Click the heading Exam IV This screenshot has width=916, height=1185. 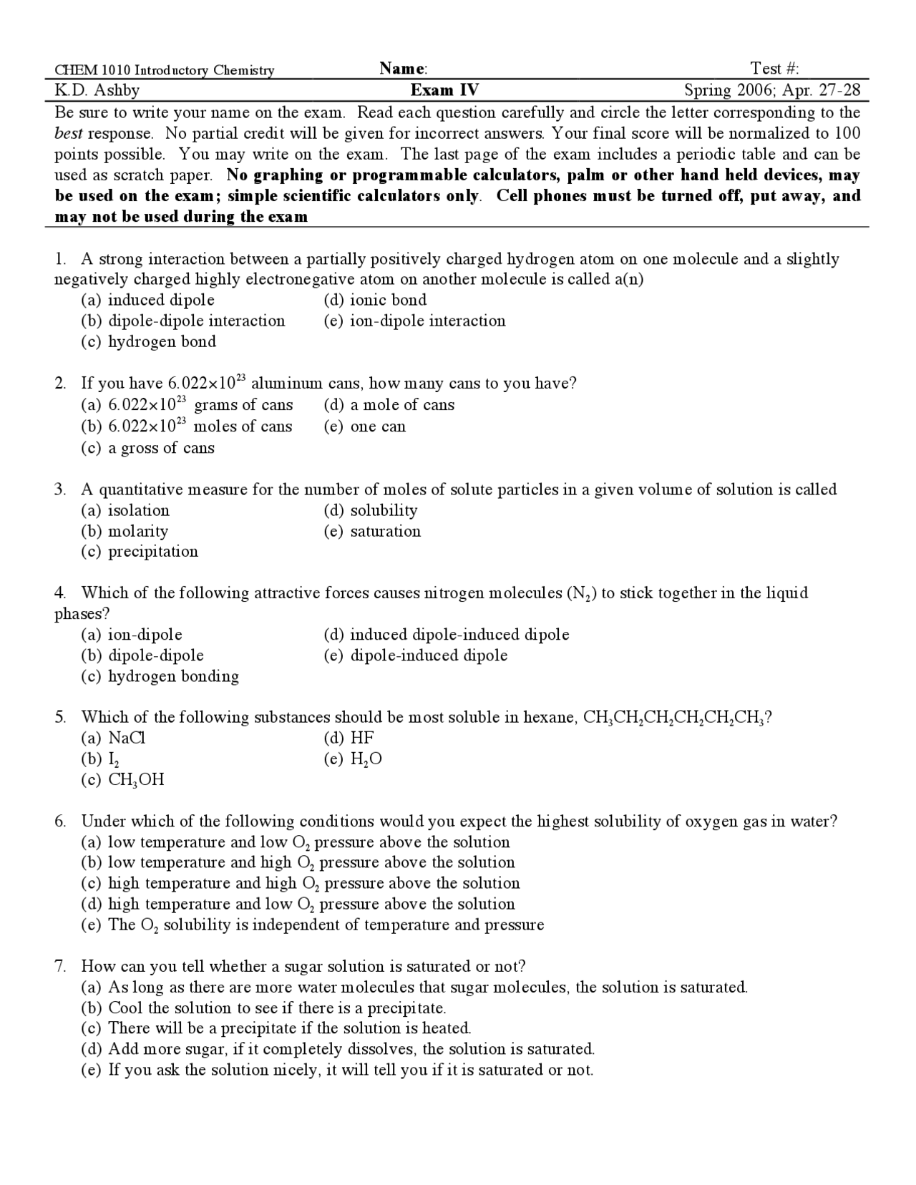(x=444, y=90)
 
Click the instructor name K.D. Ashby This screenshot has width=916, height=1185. (x=97, y=90)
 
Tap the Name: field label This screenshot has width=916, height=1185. (x=404, y=69)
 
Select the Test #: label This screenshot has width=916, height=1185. (x=774, y=69)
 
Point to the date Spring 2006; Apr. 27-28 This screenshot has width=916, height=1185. (x=772, y=90)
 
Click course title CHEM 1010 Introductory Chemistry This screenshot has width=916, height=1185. (x=165, y=70)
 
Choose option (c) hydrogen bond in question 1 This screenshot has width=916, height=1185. (x=148, y=341)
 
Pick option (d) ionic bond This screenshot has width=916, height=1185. (x=375, y=300)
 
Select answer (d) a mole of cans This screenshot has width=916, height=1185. (x=389, y=405)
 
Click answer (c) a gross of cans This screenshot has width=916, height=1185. (x=147, y=448)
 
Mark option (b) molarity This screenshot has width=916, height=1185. (x=125, y=531)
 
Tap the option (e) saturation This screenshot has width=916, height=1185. (x=372, y=531)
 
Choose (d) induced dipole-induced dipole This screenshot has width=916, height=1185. (x=447, y=635)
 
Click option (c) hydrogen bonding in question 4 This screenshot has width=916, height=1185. (x=160, y=676)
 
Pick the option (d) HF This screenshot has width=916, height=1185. (x=349, y=738)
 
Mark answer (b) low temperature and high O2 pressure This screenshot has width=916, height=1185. (x=298, y=862)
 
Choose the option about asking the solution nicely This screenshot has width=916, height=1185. (x=336, y=1070)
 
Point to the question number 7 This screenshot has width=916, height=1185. (x=61, y=966)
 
